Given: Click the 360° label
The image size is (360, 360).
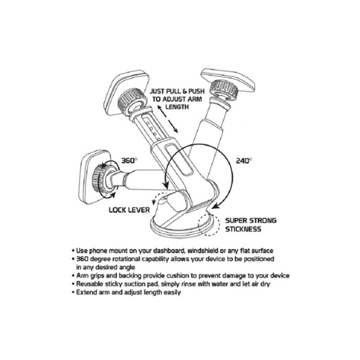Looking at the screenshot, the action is click(x=129, y=161).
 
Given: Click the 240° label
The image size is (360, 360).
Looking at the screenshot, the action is click(x=244, y=161).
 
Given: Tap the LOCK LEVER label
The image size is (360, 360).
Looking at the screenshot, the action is click(x=129, y=210).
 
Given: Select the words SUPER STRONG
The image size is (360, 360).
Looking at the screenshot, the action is click(x=251, y=220).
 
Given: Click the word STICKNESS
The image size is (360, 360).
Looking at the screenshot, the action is click(x=243, y=229).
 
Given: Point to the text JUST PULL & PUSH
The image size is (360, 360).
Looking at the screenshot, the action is click(x=177, y=91).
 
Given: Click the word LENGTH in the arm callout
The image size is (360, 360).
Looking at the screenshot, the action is click(x=177, y=107).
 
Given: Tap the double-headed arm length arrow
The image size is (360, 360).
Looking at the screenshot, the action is click(x=167, y=119).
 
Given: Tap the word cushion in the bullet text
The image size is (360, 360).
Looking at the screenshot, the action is click(x=178, y=275).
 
